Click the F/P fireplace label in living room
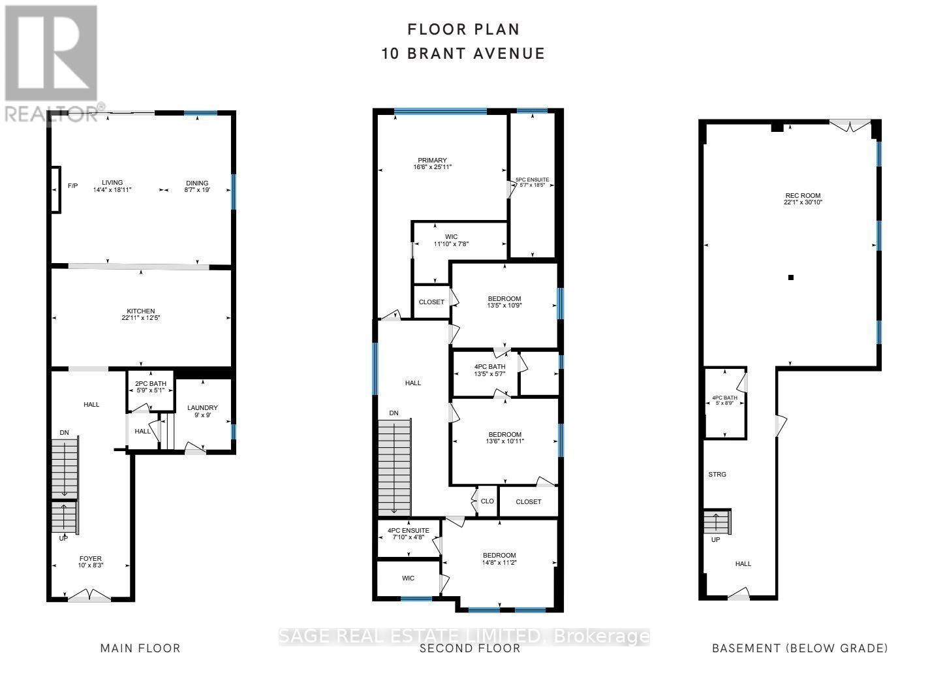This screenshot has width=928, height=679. tap(72, 186)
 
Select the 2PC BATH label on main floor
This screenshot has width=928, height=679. tap(151, 384)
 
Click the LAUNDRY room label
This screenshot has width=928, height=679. tap(202, 408)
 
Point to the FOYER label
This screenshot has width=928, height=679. tap(91, 558)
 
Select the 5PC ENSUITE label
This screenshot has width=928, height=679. tap(533, 180)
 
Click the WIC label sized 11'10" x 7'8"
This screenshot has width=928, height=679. tap(451, 237)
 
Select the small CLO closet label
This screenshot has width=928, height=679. tap(487, 502)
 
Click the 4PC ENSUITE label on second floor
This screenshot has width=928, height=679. tap(409, 531)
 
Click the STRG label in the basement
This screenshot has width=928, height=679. tap(717, 475)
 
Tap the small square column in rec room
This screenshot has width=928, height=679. tap(791, 277)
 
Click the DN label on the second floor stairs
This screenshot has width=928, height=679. tap(394, 413)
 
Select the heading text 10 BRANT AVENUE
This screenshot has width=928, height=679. tap(463, 54)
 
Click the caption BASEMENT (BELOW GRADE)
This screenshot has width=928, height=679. tap(799, 648)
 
